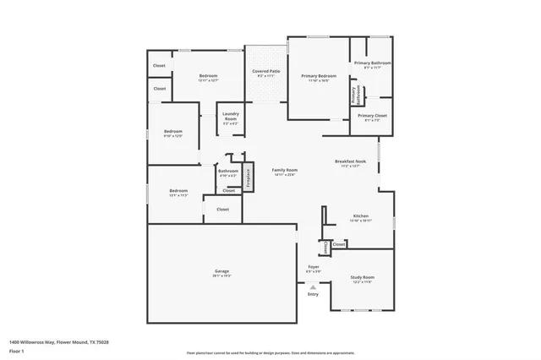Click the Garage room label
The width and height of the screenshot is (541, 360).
[221, 271]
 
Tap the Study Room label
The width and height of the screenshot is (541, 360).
[363, 277]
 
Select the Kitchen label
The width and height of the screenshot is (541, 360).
[361, 216]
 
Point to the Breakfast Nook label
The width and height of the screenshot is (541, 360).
[349, 161]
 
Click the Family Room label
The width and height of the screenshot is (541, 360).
[284, 170]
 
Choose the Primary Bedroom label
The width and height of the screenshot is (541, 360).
[319, 76]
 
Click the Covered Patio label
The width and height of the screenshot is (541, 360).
[267, 71]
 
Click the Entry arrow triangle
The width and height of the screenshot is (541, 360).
[313, 286]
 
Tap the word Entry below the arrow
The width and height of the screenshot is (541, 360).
[313, 294]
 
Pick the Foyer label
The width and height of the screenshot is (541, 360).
[313, 267]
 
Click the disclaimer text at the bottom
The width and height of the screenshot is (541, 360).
[270, 352]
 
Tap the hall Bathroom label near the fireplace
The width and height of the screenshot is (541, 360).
[228, 172]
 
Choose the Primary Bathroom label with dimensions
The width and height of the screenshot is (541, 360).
[372, 64]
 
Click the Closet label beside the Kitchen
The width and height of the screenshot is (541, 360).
[338, 244]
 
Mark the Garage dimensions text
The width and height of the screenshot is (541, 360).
[221, 275]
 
